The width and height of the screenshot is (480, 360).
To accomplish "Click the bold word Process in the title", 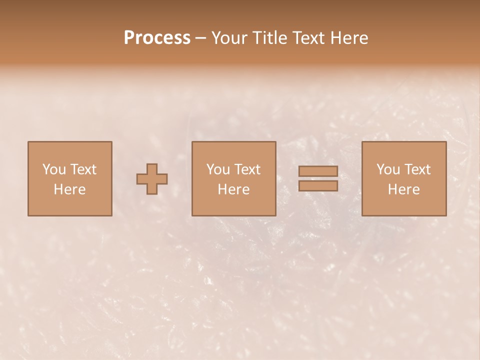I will click(157, 38).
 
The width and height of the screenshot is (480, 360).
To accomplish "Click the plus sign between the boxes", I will click(152, 179).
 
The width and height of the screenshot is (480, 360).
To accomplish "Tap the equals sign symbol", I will click(318, 178).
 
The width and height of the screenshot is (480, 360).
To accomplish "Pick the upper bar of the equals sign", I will click(318, 171).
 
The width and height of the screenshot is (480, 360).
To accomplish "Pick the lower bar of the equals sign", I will click(318, 186).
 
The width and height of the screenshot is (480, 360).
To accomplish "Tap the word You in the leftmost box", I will click(53, 169).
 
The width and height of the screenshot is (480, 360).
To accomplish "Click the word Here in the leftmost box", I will click(69, 189).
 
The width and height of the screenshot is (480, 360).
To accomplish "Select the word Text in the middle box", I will click(247, 169).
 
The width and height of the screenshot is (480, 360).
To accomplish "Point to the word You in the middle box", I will click(218, 169).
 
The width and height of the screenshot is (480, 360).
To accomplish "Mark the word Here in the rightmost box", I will click(403, 189).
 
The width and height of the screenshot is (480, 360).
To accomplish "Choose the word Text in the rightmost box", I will click(417, 169).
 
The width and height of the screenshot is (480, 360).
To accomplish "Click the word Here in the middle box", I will click(233, 189).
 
